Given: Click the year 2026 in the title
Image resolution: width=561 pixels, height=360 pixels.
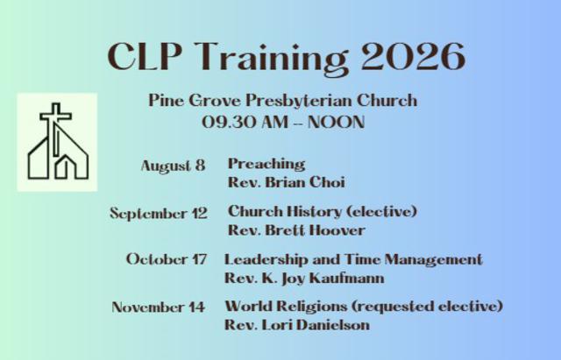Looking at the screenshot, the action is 413,56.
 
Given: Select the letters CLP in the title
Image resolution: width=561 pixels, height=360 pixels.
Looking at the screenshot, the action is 145,56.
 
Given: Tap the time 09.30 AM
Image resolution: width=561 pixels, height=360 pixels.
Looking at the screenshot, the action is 245,123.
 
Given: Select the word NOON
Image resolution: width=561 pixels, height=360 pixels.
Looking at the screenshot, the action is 336,123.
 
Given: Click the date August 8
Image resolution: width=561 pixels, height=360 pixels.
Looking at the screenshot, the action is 174,166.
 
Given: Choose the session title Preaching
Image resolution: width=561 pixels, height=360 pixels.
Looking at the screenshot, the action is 266,164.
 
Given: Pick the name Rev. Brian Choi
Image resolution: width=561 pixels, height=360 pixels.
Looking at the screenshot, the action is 287,182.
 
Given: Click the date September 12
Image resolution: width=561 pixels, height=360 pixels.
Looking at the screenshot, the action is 159,214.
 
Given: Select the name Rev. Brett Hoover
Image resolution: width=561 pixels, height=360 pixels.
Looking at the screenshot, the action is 296,230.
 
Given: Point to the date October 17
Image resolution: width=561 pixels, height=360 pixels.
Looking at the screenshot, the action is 167,259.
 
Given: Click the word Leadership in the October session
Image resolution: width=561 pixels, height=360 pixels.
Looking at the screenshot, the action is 266,260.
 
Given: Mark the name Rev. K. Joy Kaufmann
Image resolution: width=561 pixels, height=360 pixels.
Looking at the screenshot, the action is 304,279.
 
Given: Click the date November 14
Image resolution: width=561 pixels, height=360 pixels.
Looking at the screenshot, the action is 158,307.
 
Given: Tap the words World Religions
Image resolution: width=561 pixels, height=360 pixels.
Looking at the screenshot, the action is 286,307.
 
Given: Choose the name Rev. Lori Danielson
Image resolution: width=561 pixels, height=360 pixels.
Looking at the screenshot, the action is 297,325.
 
